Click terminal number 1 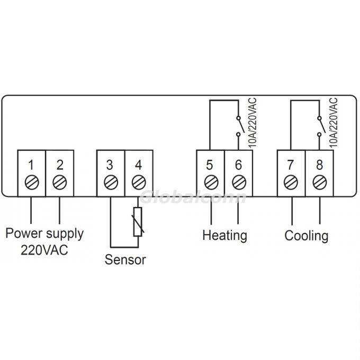pyautogui.click(x=31, y=164)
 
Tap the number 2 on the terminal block pyautogui.click(x=59, y=164)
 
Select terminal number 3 pyautogui.click(x=110, y=164)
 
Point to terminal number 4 pyautogui.click(x=138, y=164)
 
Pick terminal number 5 pyautogui.click(x=211, y=164)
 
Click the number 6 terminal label pyautogui.click(x=238, y=164)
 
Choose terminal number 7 pyautogui.click(x=291, y=164)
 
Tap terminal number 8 pyautogui.click(x=319, y=164)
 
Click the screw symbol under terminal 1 pyautogui.click(x=31, y=183)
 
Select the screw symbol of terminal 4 pyautogui.click(x=138, y=183)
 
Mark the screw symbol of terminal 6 pyautogui.click(x=238, y=183)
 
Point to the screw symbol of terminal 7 pyautogui.click(x=291, y=183)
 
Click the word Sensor pyautogui.click(x=125, y=260)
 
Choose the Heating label pyautogui.click(x=224, y=235)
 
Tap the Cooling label pyautogui.click(x=306, y=235)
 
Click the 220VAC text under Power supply pyautogui.click(x=44, y=250)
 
